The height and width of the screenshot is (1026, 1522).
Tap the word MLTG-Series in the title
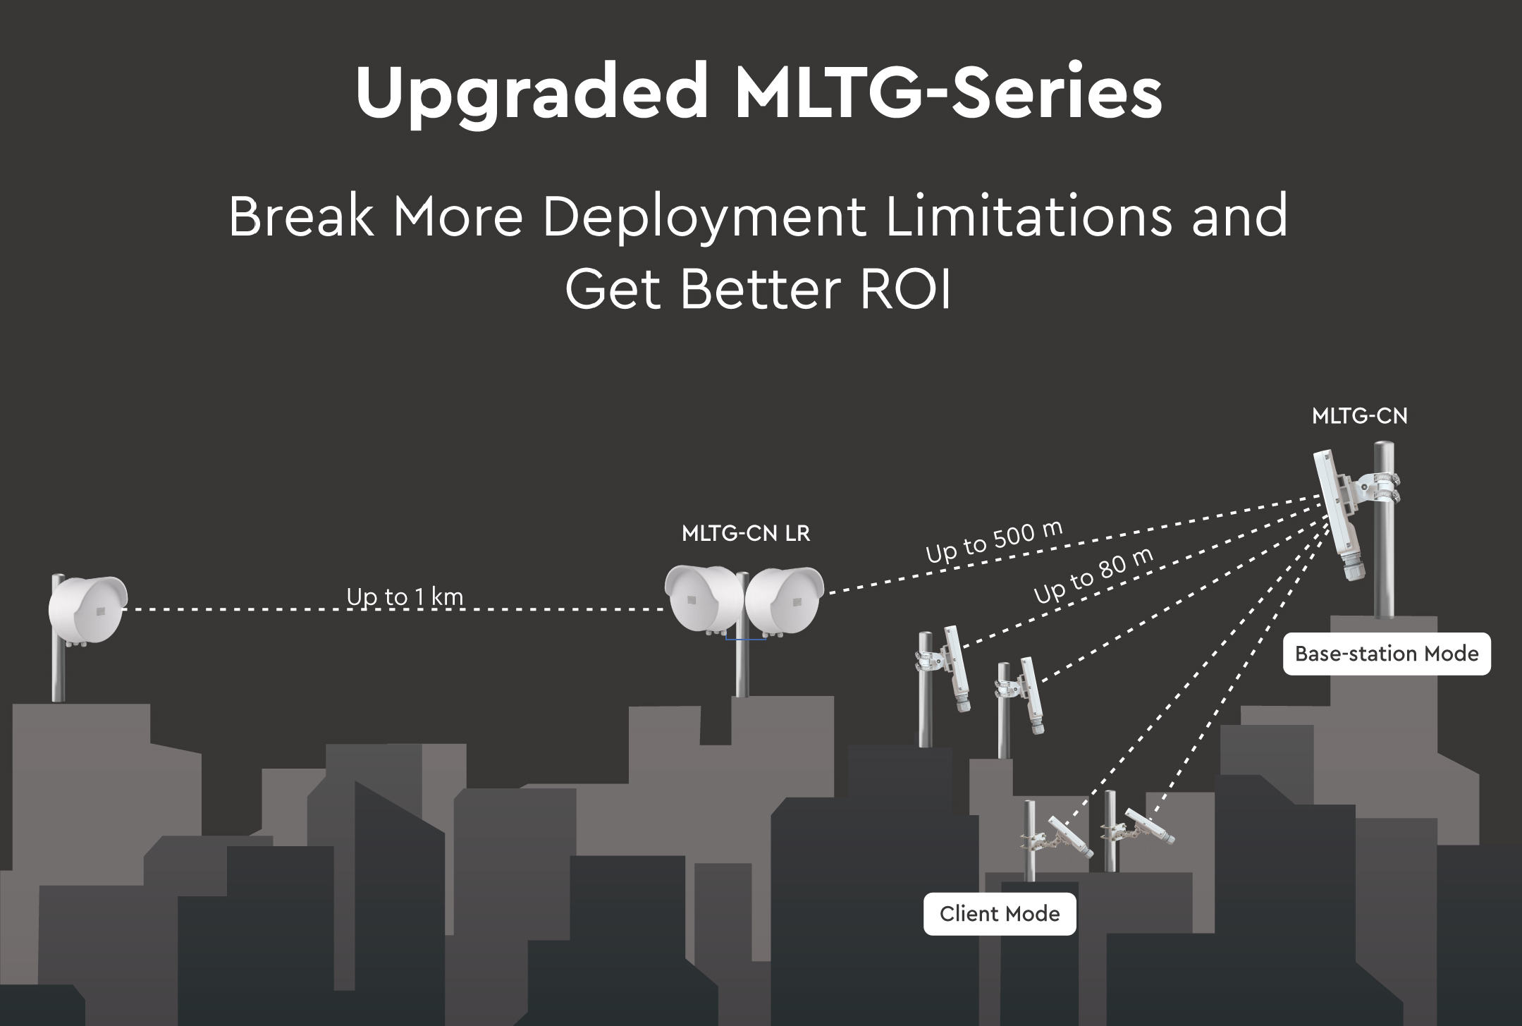click(949, 91)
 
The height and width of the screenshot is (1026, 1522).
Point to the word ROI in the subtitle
click(906, 289)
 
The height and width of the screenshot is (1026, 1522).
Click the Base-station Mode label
click(1387, 654)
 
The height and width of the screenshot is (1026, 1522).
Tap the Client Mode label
click(1000, 914)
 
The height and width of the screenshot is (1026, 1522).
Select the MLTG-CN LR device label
click(746, 534)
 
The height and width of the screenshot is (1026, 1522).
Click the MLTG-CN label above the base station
click(1360, 416)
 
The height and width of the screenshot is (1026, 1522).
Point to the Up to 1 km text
click(405, 597)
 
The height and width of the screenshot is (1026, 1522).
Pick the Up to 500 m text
click(994, 542)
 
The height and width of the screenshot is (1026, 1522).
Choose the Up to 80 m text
click(1093, 575)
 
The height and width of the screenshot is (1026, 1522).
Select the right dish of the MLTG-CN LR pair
click(784, 601)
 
